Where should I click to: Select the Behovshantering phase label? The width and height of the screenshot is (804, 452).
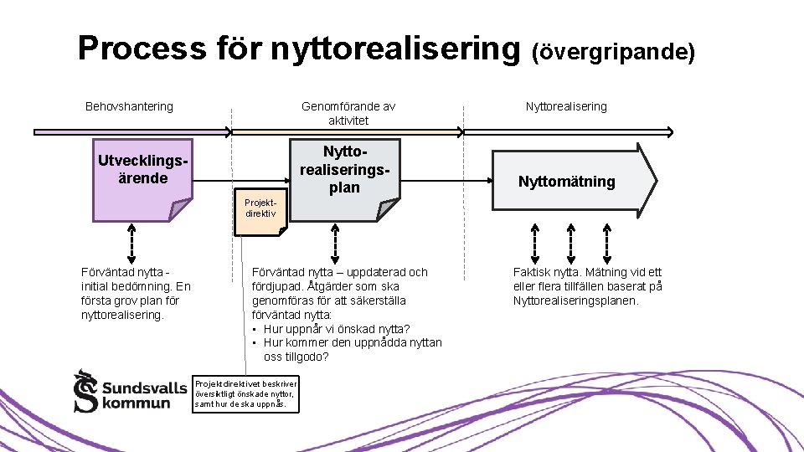[129, 106]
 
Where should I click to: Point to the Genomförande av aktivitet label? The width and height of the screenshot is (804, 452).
[348, 113]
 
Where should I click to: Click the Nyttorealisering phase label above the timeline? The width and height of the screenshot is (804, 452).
[566, 106]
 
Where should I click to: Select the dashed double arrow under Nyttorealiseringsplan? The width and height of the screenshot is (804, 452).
[335, 244]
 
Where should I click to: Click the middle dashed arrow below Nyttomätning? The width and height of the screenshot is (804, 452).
[570, 244]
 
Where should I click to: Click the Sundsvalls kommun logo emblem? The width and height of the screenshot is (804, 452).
[85, 392]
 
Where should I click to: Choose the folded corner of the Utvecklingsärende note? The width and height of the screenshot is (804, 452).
[179, 208]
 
